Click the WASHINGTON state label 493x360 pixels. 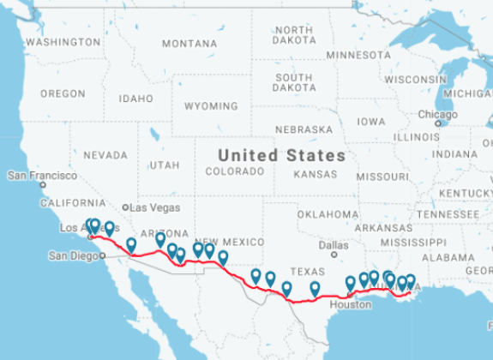pyautogui.click(x=63, y=42)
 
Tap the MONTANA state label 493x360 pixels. pyautogui.click(x=189, y=44)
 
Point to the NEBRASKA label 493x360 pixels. pyautogui.click(x=304, y=129)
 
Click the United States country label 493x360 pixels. pyautogui.click(x=281, y=155)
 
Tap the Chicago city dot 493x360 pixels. pyautogui.click(x=438, y=123)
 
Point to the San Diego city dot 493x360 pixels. pyautogui.click(x=102, y=255)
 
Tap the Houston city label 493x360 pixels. pyautogui.click(x=350, y=304)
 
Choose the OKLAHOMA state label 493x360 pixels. pyautogui.click(x=328, y=214)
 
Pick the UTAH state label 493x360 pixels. pyautogui.click(x=164, y=165)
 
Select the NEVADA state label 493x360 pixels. pyautogui.click(x=105, y=156)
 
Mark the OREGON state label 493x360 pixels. pyautogui.click(x=63, y=93)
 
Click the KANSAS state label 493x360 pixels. pyautogui.click(x=316, y=174)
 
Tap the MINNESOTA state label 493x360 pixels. pyautogui.click(x=358, y=55)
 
